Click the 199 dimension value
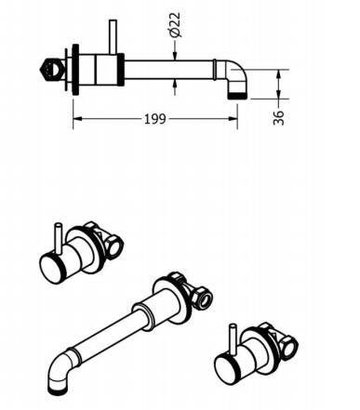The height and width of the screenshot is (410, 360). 154,119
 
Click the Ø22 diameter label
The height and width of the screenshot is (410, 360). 175,25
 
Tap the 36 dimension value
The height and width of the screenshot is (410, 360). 278,117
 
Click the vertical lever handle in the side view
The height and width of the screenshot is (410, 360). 113,37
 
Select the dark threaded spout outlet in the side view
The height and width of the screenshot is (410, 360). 237,96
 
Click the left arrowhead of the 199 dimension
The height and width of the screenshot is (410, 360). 77,118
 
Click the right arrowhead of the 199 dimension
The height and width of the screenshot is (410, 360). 233,118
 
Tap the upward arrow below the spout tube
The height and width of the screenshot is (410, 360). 175,87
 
